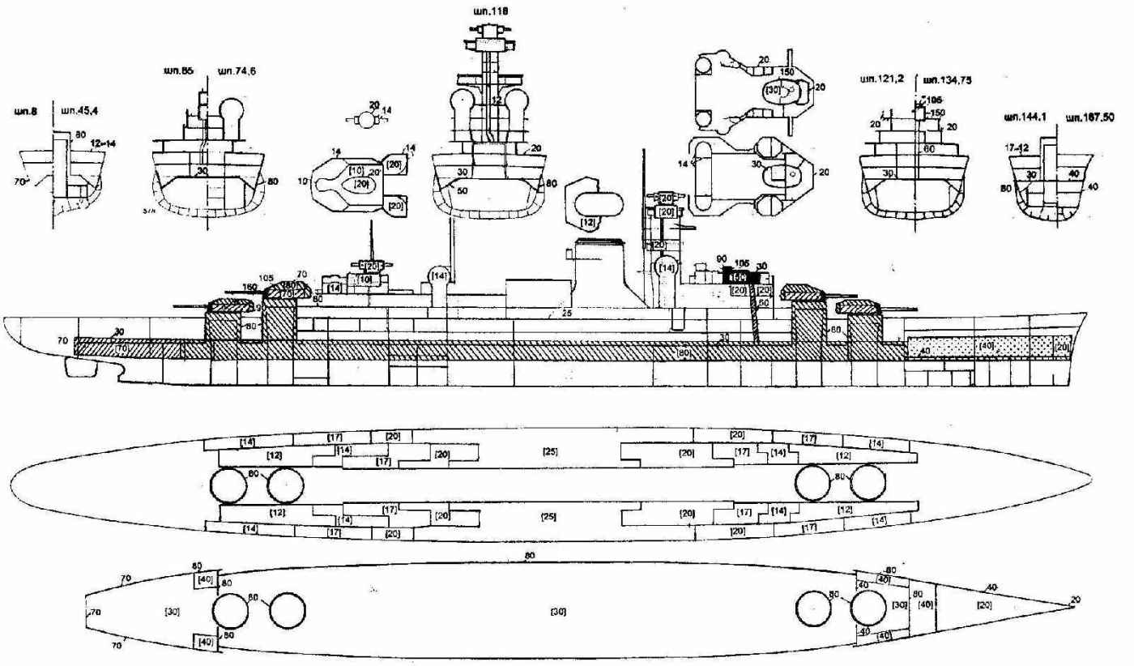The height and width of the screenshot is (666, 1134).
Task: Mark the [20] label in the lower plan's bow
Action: pos(983,604)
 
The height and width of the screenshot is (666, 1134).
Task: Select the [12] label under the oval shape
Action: pos(589,220)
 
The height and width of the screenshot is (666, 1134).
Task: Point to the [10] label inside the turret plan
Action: pos(356,171)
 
